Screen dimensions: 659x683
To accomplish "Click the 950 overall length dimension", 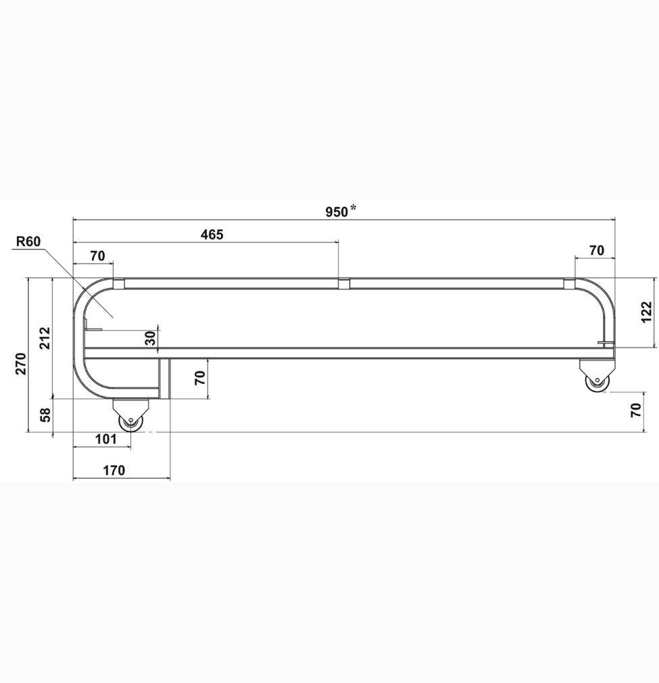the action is coord(337,212).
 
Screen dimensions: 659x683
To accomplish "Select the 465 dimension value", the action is coord(212,235).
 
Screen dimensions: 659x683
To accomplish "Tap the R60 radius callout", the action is coord(28,241).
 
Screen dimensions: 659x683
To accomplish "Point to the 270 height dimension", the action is coord(22,364).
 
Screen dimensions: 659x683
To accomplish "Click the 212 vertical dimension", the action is coord(45,338).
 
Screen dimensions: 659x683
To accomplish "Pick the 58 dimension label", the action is coord(46,415).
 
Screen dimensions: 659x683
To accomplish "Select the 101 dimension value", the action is coord(105,439).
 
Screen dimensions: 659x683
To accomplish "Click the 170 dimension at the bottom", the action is coord(114,471).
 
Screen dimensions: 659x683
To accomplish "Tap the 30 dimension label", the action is coord(150,338).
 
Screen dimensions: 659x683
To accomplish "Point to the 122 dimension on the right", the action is coord(647,312).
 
